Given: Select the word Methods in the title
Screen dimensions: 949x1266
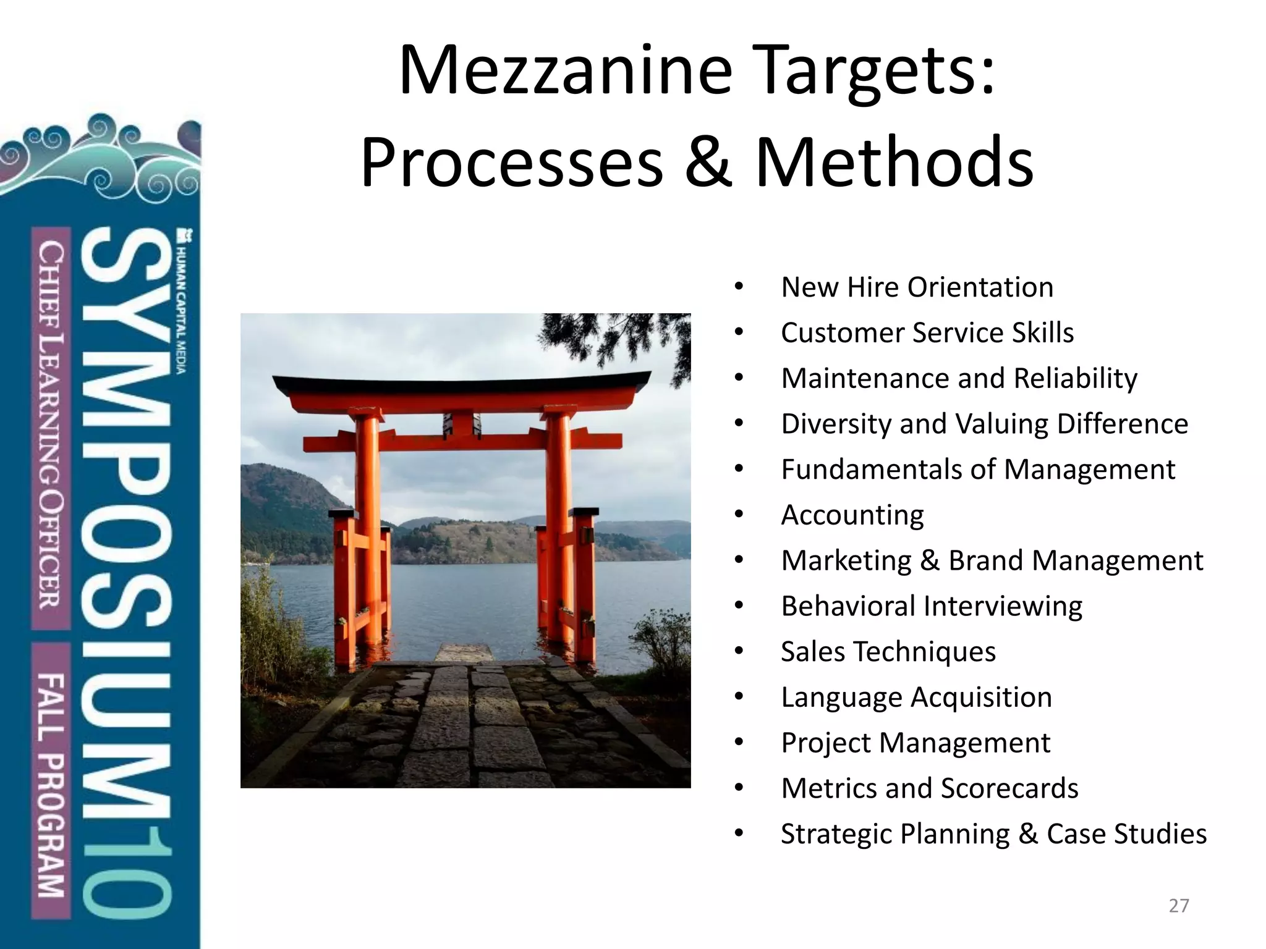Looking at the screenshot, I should pyautogui.click(x=894, y=162).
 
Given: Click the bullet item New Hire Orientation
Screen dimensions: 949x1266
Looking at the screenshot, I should pyautogui.click(x=917, y=287).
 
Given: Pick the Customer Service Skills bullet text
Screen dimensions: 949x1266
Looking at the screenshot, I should pyautogui.click(x=927, y=333).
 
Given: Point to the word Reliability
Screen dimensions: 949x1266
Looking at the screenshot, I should pyautogui.click(x=1075, y=378).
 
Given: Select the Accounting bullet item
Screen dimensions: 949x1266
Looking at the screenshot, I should pyautogui.click(x=852, y=515).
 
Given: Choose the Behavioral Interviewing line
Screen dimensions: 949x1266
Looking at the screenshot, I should pyautogui.click(x=932, y=606).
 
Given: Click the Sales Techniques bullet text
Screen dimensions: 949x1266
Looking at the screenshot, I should pyautogui.click(x=888, y=652).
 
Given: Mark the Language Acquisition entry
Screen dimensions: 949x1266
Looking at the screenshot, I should pyautogui.click(x=916, y=698).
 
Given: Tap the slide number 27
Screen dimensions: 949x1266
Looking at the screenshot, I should pyautogui.click(x=1179, y=906).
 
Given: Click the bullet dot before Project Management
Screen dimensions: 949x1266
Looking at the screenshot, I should pyautogui.click(x=739, y=743).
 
